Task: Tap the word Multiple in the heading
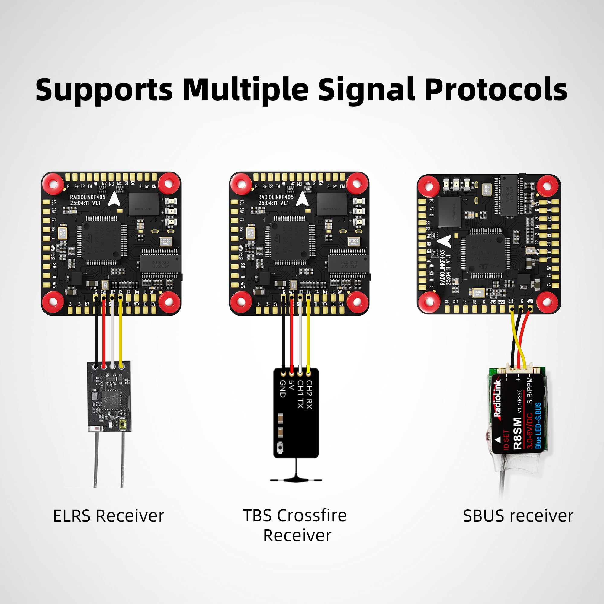[x=246, y=90]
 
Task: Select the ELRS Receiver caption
[x=108, y=516]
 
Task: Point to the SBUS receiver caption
[x=518, y=516]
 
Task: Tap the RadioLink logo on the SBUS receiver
[x=498, y=399]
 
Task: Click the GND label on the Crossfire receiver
[x=283, y=389]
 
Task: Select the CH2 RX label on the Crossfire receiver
[x=309, y=394]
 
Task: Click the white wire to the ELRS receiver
[x=112, y=338]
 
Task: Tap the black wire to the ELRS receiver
[x=96, y=338]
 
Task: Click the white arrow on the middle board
[x=302, y=199]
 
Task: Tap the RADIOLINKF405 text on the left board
[x=88, y=197]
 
